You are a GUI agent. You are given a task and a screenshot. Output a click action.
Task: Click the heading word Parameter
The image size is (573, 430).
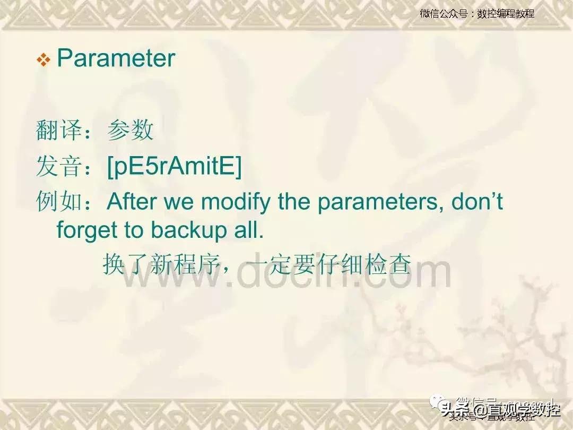[x=116, y=58]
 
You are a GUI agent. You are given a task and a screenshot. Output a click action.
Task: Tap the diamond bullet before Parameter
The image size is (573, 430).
[x=43, y=60]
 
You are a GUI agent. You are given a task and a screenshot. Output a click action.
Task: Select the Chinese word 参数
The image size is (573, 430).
[x=131, y=131]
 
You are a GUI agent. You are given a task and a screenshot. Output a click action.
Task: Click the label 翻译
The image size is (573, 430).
[x=59, y=131]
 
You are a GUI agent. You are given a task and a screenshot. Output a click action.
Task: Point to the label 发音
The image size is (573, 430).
[x=59, y=167]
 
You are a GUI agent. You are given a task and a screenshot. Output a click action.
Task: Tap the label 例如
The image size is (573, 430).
[x=59, y=202]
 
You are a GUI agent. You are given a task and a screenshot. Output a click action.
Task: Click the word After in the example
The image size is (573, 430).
[x=132, y=202]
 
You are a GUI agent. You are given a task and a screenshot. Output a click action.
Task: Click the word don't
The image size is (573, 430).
[x=477, y=202]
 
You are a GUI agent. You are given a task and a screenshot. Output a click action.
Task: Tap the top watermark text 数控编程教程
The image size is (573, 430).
[x=505, y=14]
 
